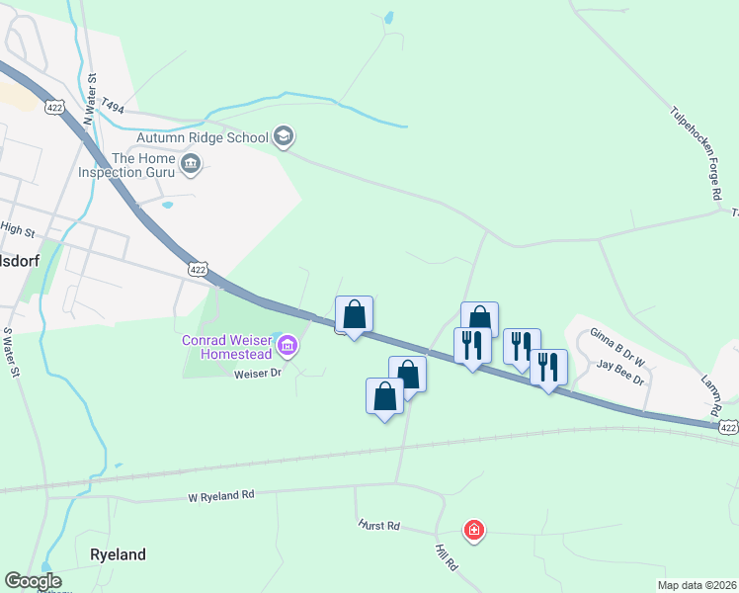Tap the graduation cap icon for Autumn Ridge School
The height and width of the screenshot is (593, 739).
[x=283, y=135]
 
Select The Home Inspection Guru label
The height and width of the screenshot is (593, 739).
[x=143, y=165]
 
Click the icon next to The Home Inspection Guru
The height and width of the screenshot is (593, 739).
[x=192, y=164]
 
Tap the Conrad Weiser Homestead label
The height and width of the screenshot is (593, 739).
[x=226, y=346]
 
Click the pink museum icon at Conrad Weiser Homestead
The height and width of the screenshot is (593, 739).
[x=287, y=345]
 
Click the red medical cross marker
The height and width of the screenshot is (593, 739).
[x=475, y=531]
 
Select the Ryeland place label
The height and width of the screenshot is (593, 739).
[x=119, y=554]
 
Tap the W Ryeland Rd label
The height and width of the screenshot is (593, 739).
[x=221, y=494]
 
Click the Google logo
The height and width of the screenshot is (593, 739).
[x=33, y=581]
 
